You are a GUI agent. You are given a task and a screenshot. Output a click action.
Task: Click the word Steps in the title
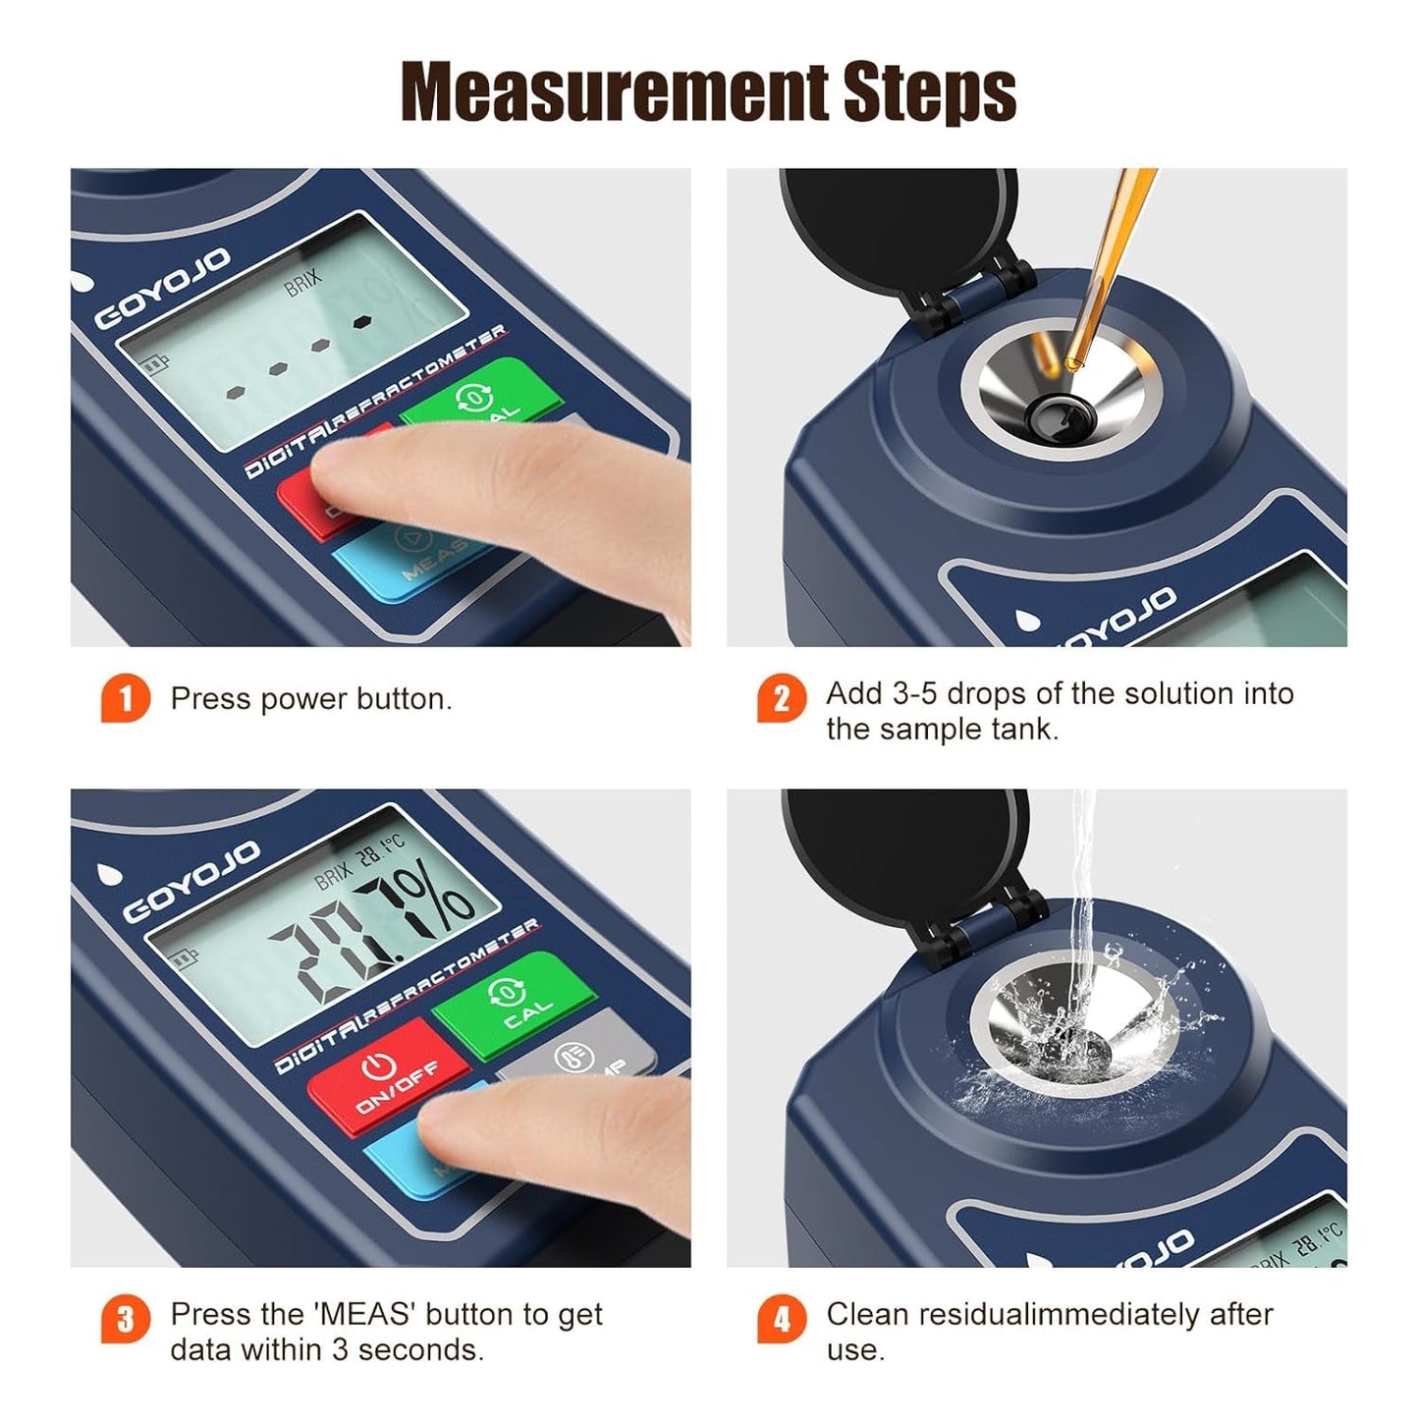[929, 93]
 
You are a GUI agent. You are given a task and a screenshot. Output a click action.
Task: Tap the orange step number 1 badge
[125, 699]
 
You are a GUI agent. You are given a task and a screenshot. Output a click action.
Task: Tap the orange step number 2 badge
[781, 699]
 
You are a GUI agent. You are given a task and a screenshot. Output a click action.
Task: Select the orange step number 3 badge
[125, 1320]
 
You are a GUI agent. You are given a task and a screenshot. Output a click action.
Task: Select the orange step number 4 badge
[781, 1320]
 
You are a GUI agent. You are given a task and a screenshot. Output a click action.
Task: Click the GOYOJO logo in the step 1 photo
[162, 290]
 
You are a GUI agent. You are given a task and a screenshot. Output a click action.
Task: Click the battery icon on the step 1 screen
[154, 365]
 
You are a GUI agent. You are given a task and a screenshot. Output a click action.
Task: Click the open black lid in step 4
[903, 849]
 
